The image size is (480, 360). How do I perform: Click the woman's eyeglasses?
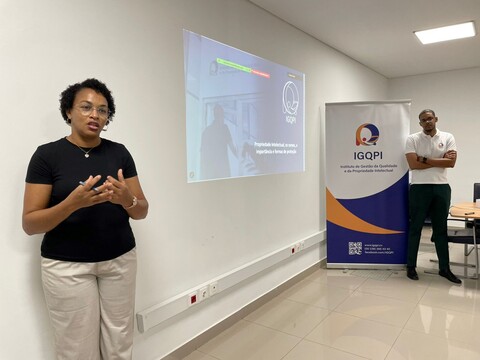93,110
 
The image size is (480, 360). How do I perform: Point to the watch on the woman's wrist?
133,202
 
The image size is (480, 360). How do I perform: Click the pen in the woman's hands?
86,185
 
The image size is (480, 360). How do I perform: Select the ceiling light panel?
445,32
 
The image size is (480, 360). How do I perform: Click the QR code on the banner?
355,247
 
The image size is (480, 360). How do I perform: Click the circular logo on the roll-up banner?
367,133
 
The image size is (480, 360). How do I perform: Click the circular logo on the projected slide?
290,98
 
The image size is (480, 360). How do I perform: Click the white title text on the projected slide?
275,147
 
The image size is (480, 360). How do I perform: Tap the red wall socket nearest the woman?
194,297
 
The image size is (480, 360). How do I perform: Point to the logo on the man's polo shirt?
440,145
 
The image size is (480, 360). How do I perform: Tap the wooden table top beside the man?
465,210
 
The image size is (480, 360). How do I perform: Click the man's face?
427,121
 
